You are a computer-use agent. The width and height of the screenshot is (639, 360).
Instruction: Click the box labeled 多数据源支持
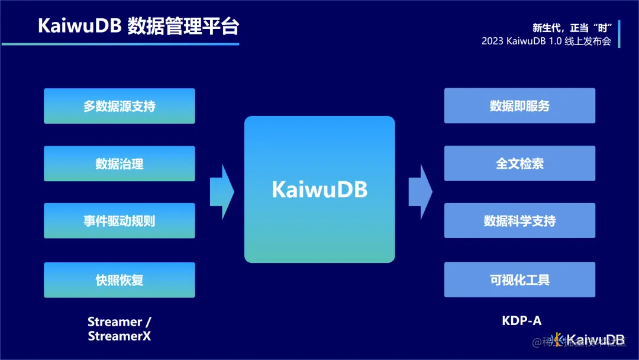119,106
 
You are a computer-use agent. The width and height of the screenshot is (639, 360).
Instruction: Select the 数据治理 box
119,163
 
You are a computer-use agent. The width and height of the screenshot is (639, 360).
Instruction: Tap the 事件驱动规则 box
119,221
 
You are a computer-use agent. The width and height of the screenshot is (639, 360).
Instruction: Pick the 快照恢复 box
119,279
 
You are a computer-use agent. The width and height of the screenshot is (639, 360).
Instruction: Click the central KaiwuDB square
319,189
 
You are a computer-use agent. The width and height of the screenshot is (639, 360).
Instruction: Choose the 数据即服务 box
519,106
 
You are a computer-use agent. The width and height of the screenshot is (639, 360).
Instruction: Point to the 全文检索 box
519,163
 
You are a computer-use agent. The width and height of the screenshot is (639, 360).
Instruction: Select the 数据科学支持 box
519,221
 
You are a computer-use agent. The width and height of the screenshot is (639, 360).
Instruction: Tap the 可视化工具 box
519,279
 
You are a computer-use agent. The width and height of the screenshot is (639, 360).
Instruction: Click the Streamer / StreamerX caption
119,329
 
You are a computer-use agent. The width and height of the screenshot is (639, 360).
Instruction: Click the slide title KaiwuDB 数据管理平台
139,26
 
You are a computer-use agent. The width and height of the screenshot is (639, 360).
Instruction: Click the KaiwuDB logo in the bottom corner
589,340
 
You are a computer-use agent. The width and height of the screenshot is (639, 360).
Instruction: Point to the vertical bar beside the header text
619,34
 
